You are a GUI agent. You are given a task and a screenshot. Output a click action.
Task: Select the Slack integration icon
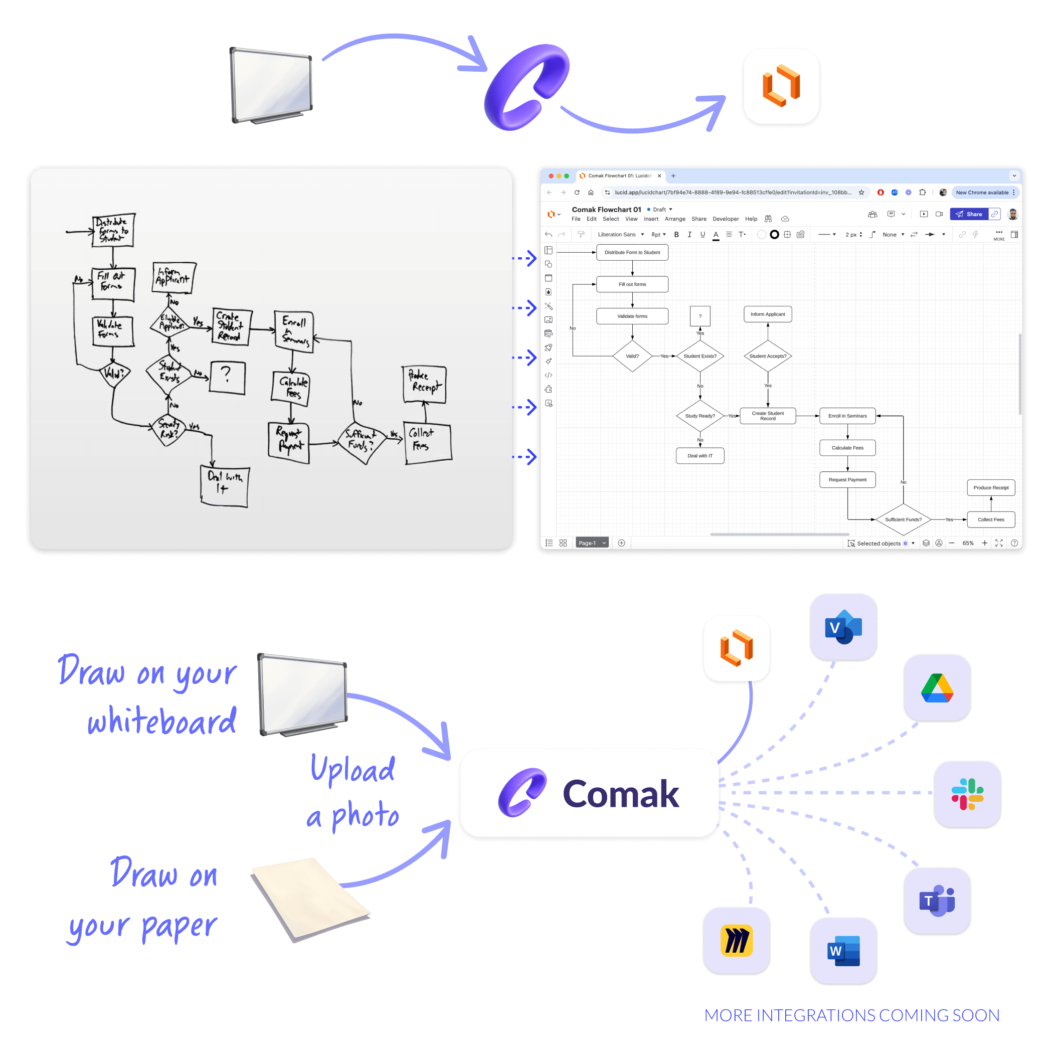pyautogui.click(x=967, y=794)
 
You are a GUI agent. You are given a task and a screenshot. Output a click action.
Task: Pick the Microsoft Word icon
pyautogui.click(x=843, y=951)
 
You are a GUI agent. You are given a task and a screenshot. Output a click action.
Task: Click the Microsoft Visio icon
pyautogui.click(x=843, y=627)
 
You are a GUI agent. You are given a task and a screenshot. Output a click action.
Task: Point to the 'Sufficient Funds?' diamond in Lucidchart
pyautogui.click(x=903, y=519)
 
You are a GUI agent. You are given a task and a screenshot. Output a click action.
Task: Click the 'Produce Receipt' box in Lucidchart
pyautogui.click(x=990, y=488)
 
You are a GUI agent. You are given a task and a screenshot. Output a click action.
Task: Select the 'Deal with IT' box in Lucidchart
pyautogui.click(x=700, y=456)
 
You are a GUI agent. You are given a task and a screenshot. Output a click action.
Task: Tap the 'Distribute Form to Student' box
pyautogui.click(x=632, y=252)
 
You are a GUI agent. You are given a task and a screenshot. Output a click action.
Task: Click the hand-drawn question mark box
pyautogui.click(x=227, y=377)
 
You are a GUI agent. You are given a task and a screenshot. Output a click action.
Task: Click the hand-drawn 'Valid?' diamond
pyautogui.click(x=114, y=374)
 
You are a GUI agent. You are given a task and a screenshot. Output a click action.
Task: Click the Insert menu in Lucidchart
pyautogui.click(x=651, y=219)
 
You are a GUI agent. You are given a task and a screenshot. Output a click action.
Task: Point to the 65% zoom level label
pyautogui.click(x=967, y=543)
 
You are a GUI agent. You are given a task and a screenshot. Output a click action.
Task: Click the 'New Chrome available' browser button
pyautogui.click(x=982, y=193)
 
